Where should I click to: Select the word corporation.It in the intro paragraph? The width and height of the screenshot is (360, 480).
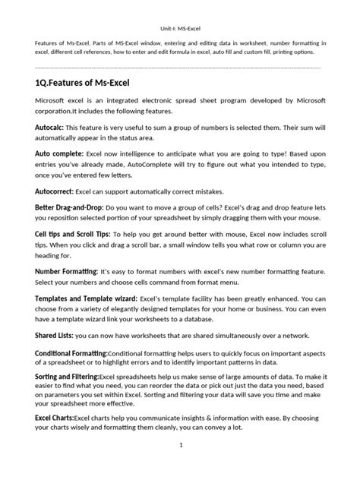coord(61,112)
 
